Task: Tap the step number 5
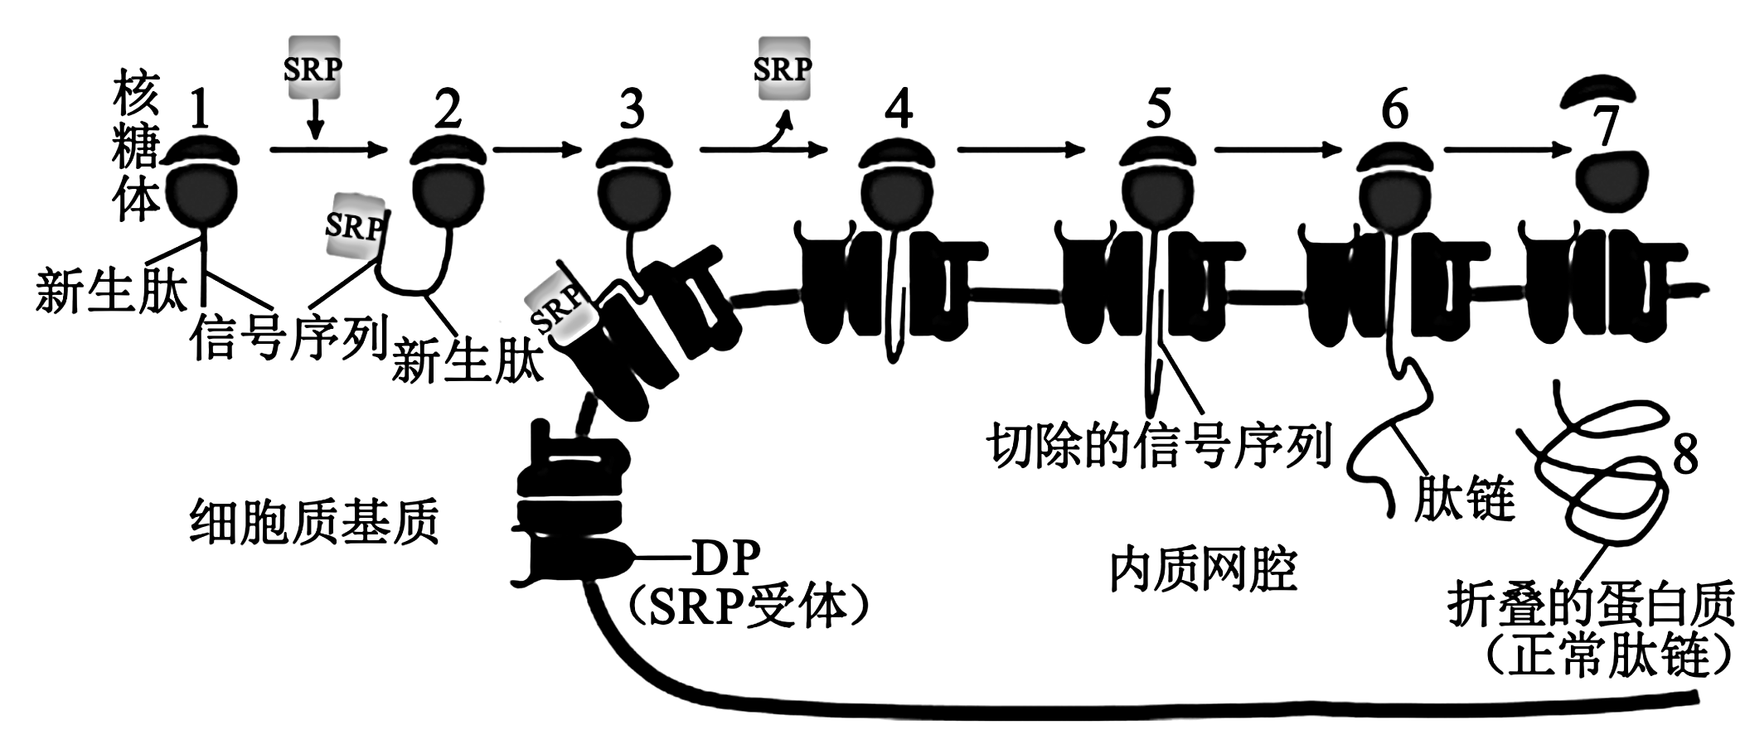pos(1157,109)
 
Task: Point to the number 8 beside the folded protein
pos(1684,454)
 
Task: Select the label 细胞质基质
pos(314,522)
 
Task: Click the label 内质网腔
pos(1203,571)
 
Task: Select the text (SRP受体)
pos(749,609)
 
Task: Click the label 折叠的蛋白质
pos(1591,606)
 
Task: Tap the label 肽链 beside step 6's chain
pos(1464,499)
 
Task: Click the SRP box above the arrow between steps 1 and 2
pos(313,68)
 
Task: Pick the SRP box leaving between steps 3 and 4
pos(783,68)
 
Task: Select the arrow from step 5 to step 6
pos(1277,150)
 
